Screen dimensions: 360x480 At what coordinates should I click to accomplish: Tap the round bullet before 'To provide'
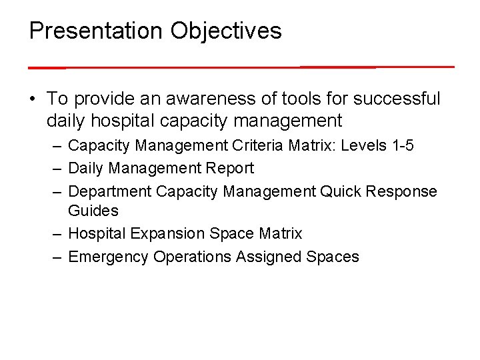(32, 99)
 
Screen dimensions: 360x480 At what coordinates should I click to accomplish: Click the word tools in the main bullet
(283, 99)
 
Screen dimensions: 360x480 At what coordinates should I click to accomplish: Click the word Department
(109, 191)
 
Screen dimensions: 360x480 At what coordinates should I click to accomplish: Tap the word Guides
(93, 211)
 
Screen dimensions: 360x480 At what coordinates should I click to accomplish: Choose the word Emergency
(108, 257)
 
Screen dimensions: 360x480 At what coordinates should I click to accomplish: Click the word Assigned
(269, 257)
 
